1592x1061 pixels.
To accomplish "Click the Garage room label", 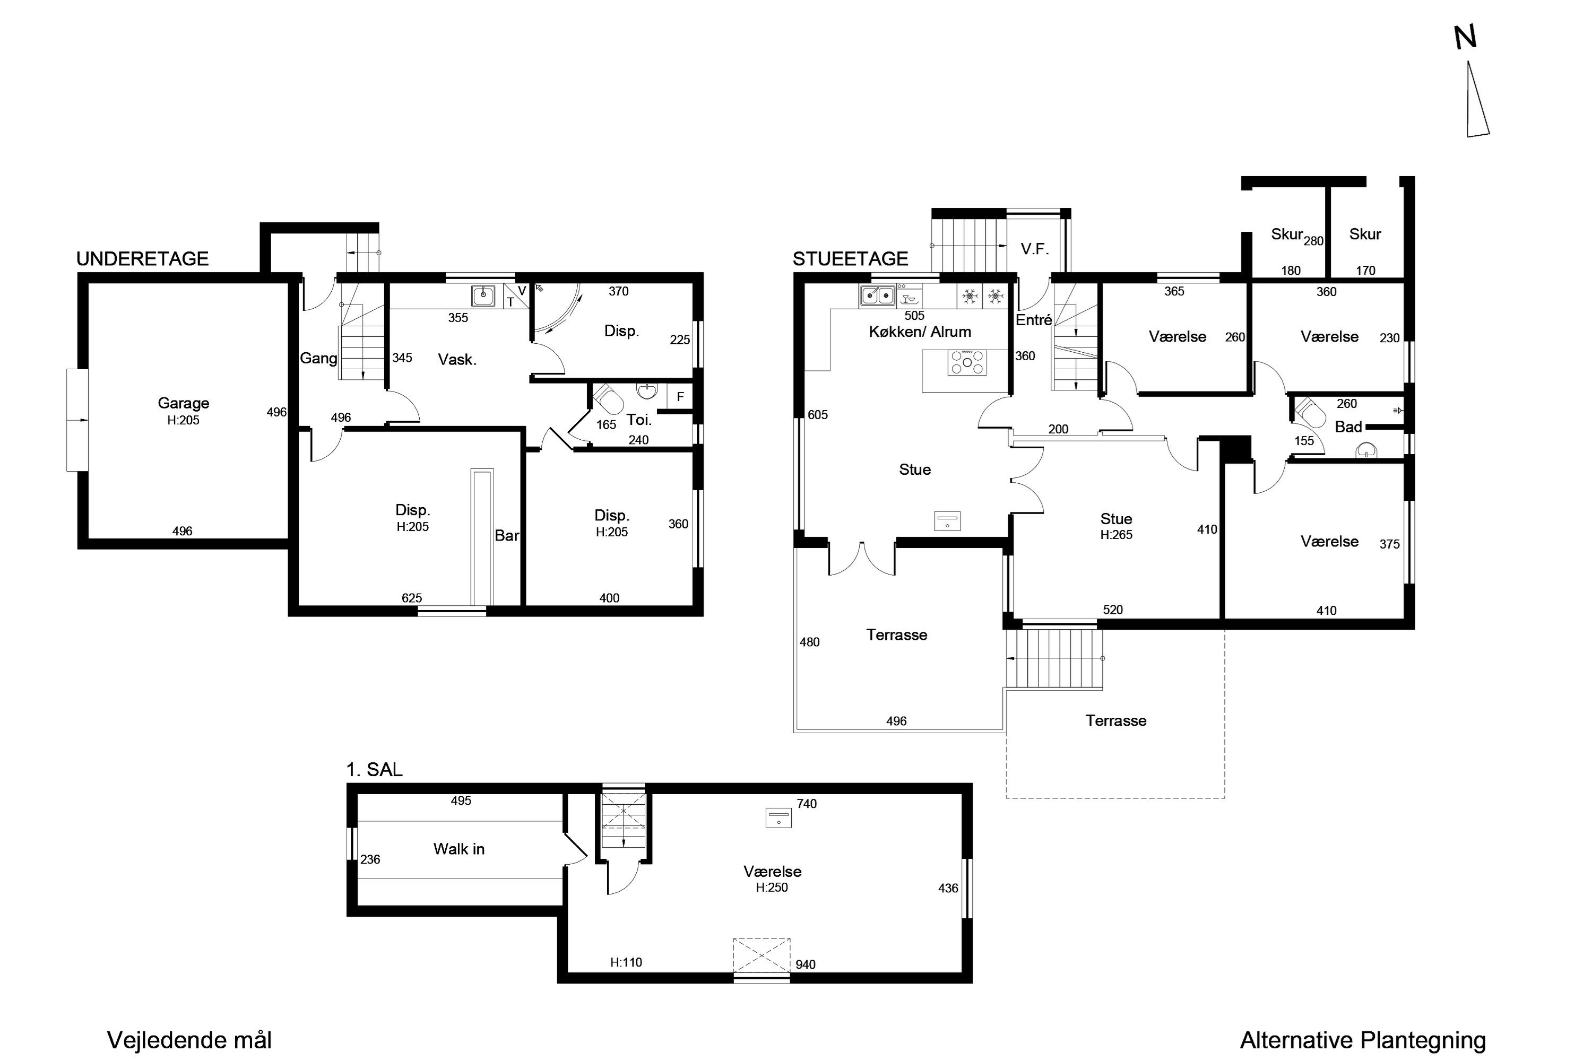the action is (184, 403).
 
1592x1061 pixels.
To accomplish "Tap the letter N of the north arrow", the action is (1465, 37).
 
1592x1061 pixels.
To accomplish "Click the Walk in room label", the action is (459, 849).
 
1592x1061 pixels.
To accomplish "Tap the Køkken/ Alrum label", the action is (920, 332).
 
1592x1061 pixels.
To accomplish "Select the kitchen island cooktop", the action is (967, 362).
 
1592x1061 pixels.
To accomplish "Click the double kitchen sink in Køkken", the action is (877, 295).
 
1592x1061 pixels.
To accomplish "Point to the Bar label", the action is (507, 535).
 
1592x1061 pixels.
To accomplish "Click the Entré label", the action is (1034, 320).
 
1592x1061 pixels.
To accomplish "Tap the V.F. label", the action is (1035, 249).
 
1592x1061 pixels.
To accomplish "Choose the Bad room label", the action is (1348, 427).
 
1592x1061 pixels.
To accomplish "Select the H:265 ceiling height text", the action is (1116, 535).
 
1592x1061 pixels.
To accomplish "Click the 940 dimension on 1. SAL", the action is (806, 964).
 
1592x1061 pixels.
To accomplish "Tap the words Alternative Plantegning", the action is (1363, 1040).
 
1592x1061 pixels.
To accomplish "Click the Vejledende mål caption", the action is (189, 1040).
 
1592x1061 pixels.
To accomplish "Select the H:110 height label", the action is (626, 962).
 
